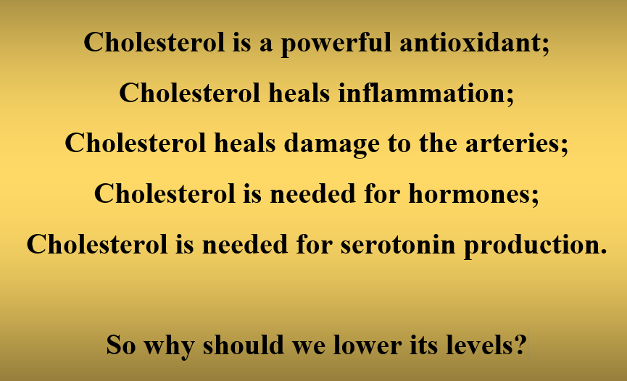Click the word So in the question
coord(121,345)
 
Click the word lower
coord(367,344)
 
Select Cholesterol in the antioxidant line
coord(154,42)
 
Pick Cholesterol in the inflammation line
coord(189,93)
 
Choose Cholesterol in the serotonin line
coord(97,244)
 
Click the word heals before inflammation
coord(299,93)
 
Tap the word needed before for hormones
coord(312,193)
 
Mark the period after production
coord(604,252)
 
